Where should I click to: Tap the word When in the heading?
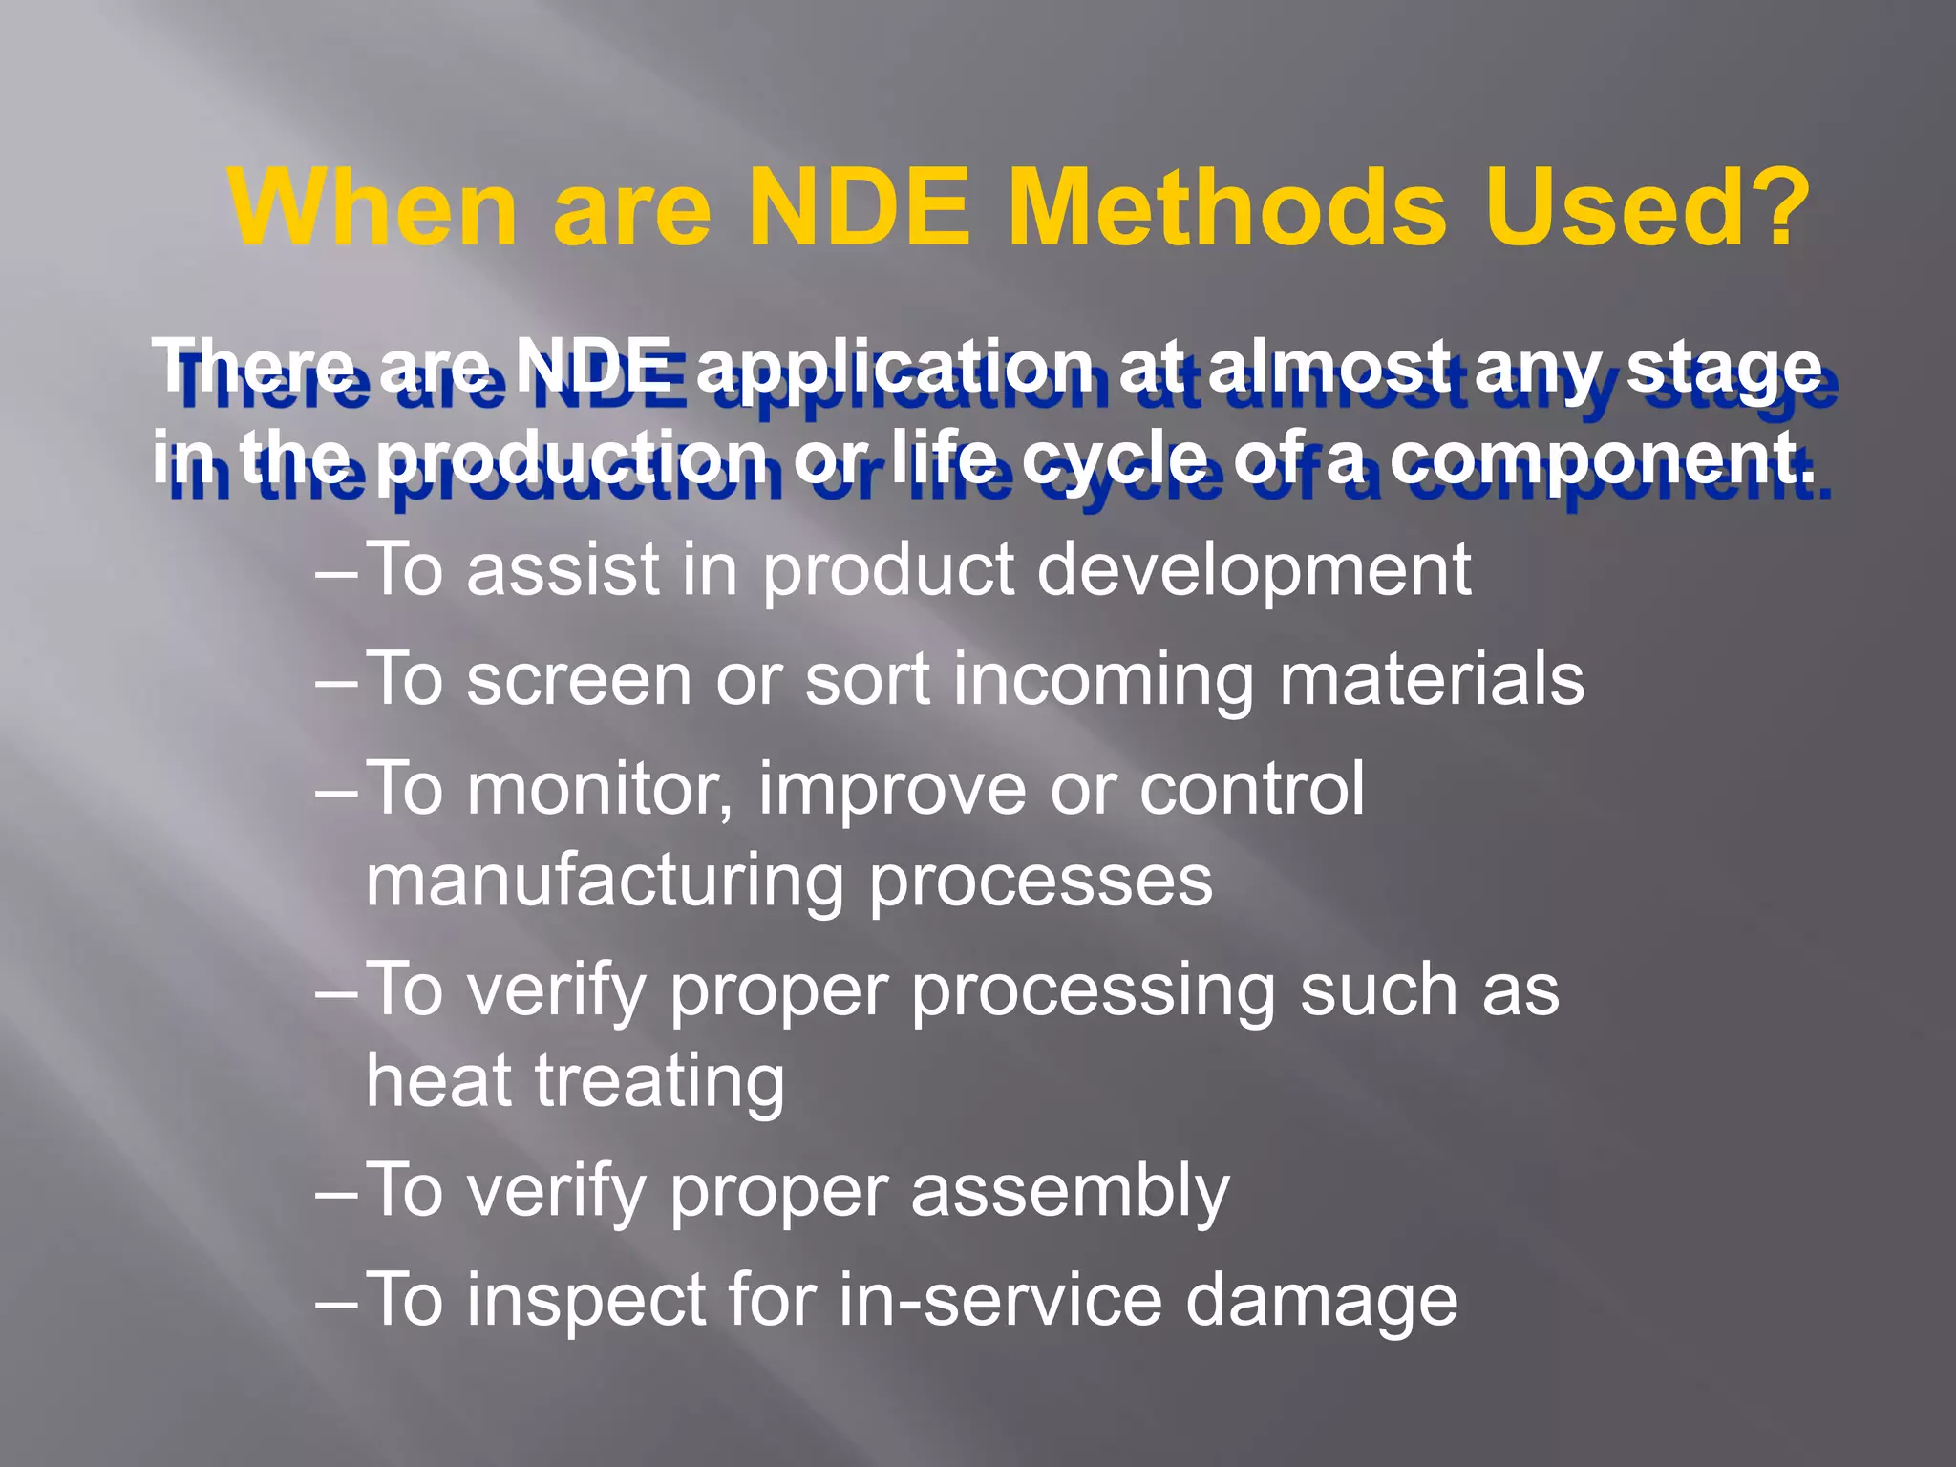[373, 207]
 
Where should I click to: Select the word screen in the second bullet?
[579, 680]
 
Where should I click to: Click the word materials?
[1432, 680]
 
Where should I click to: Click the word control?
[1251, 790]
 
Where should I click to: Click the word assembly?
[1070, 1191]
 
